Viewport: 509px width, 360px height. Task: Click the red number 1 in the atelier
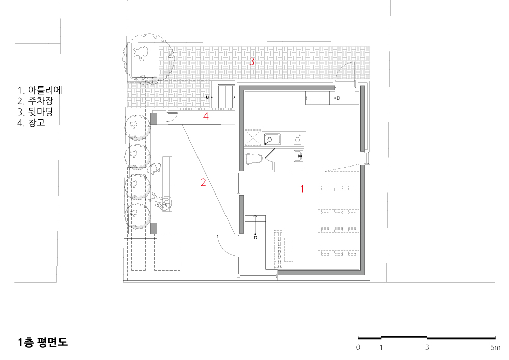(x=302, y=189)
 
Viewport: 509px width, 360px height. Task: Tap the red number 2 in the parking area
(x=203, y=182)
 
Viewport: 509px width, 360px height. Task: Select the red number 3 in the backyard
(x=252, y=61)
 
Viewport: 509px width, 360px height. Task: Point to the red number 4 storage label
(x=206, y=116)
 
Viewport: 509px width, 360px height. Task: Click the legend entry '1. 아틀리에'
(x=40, y=90)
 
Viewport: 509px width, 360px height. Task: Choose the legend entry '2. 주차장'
(x=36, y=101)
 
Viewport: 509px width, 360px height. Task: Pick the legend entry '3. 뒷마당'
(x=36, y=112)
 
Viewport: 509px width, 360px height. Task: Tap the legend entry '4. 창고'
(x=31, y=123)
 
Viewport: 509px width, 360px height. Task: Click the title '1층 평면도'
(x=43, y=342)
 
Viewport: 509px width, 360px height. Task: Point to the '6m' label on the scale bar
(x=495, y=347)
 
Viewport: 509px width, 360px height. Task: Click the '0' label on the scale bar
(x=358, y=347)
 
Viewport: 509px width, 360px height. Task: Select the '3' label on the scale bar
(x=427, y=347)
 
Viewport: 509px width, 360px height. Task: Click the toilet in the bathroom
(x=253, y=159)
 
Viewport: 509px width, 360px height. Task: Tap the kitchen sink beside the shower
(x=272, y=139)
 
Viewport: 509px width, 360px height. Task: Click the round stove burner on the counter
(x=298, y=139)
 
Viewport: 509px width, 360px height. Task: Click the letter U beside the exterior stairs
(x=207, y=97)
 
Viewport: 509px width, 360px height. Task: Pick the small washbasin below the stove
(x=299, y=156)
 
